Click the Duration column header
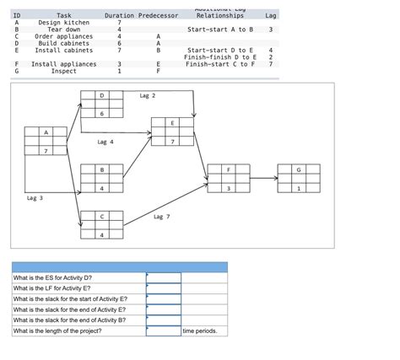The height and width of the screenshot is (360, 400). pos(118,16)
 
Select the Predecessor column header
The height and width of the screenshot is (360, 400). pos(158,16)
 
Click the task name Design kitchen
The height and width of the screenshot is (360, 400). pos(63,23)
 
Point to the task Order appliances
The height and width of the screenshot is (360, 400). pos(63,36)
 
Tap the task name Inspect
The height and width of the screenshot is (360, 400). pos(63,71)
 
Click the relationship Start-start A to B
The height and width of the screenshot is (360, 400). pos(220,30)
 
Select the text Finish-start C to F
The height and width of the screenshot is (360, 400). pos(220,64)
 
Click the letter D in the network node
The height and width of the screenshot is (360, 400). pos(102,96)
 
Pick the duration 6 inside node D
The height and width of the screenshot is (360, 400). pos(102,113)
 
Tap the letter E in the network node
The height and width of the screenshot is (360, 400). pos(172,123)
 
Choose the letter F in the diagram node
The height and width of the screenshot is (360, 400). pos(228,170)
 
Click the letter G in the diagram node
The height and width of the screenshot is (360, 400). pos(298,170)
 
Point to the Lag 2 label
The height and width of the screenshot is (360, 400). pos(148,96)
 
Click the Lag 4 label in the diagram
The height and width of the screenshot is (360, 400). pos(105,142)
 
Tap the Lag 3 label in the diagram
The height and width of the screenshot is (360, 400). pos(35,197)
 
